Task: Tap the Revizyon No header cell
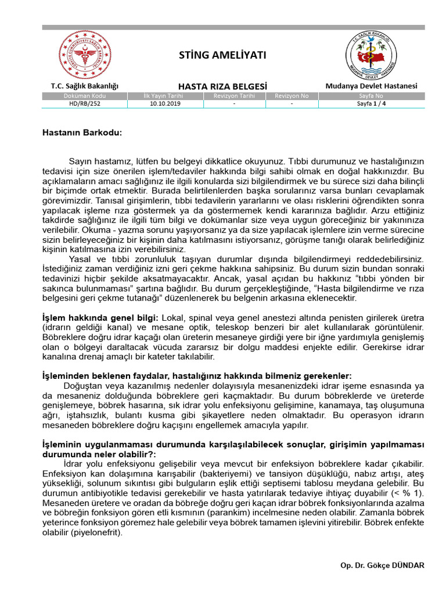(x=292, y=96)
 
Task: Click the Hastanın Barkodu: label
(x=82, y=132)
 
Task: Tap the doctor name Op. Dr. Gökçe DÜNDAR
(x=382, y=565)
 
